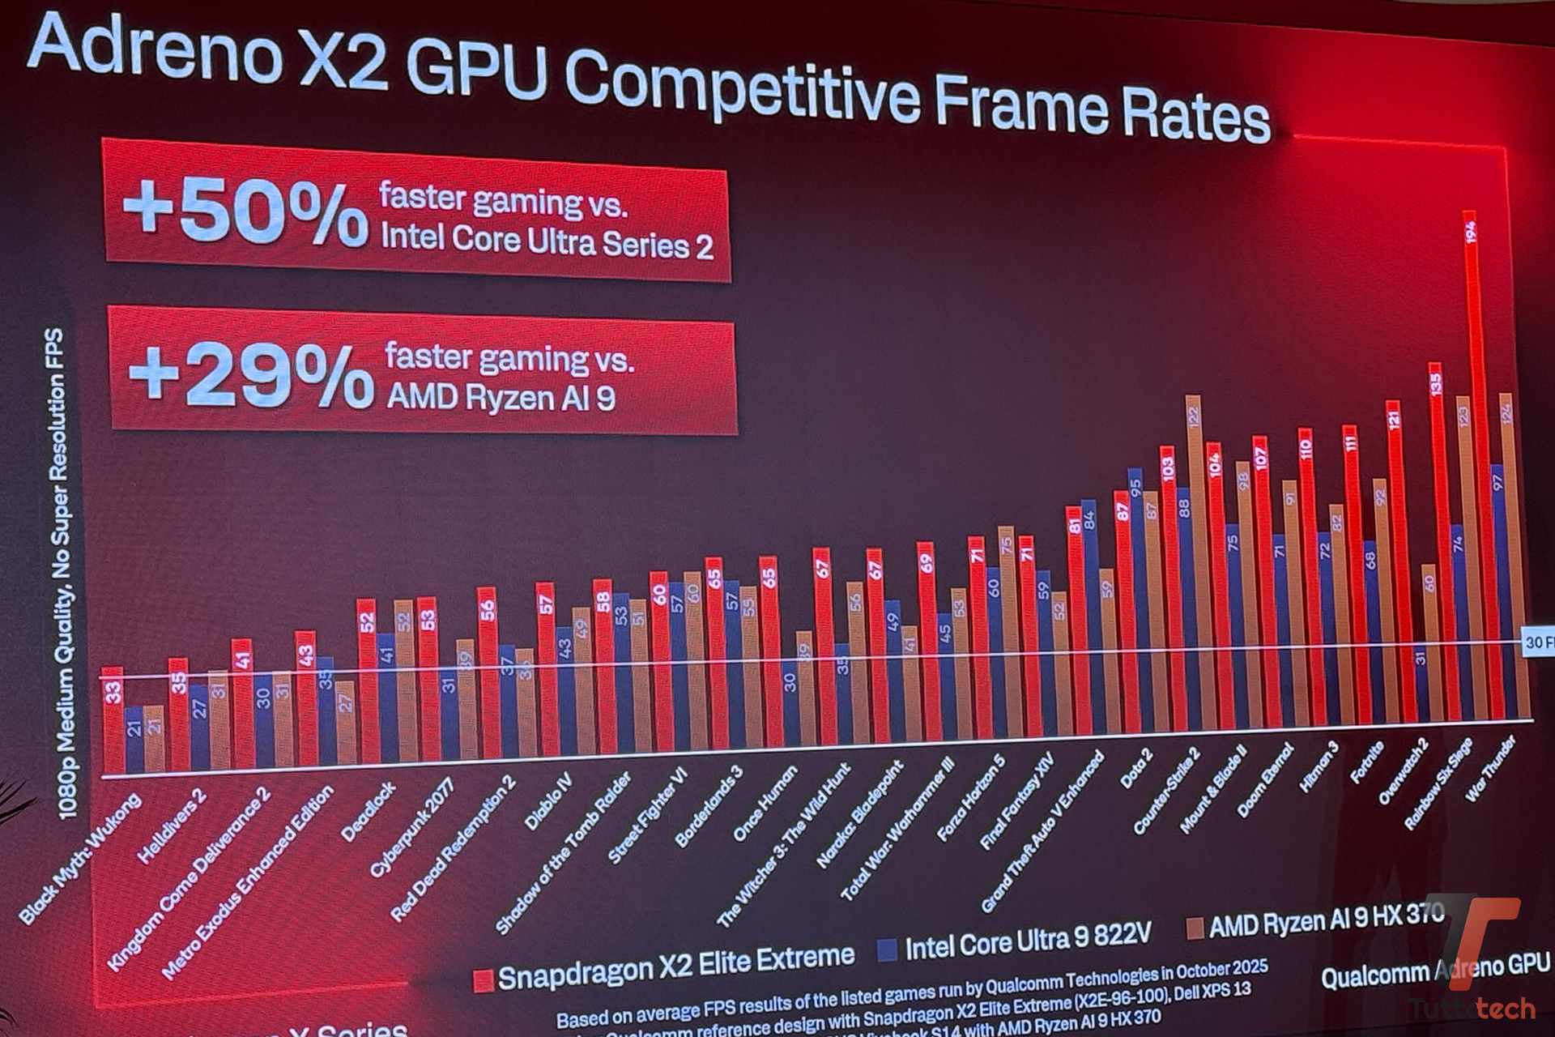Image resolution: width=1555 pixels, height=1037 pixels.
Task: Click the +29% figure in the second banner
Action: click(x=251, y=375)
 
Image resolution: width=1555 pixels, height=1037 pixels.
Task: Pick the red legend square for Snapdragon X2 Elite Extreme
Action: click(x=483, y=981)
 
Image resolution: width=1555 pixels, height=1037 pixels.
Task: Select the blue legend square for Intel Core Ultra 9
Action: click(x=888, y=949)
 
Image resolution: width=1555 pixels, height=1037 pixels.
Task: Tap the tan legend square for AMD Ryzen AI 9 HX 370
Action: click(x=1194, y=928)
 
